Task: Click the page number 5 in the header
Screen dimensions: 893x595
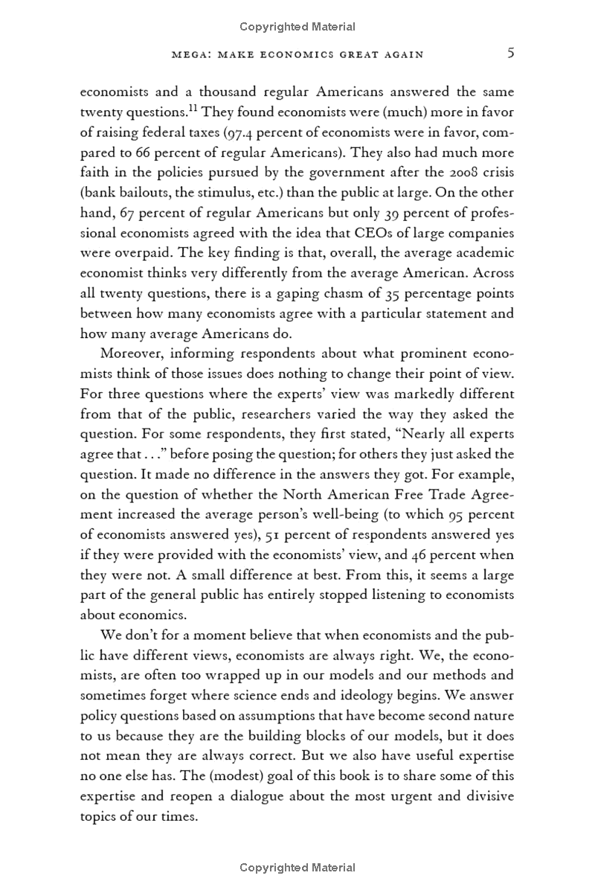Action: coord(509,54)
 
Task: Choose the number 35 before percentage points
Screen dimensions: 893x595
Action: coord(388,294)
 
